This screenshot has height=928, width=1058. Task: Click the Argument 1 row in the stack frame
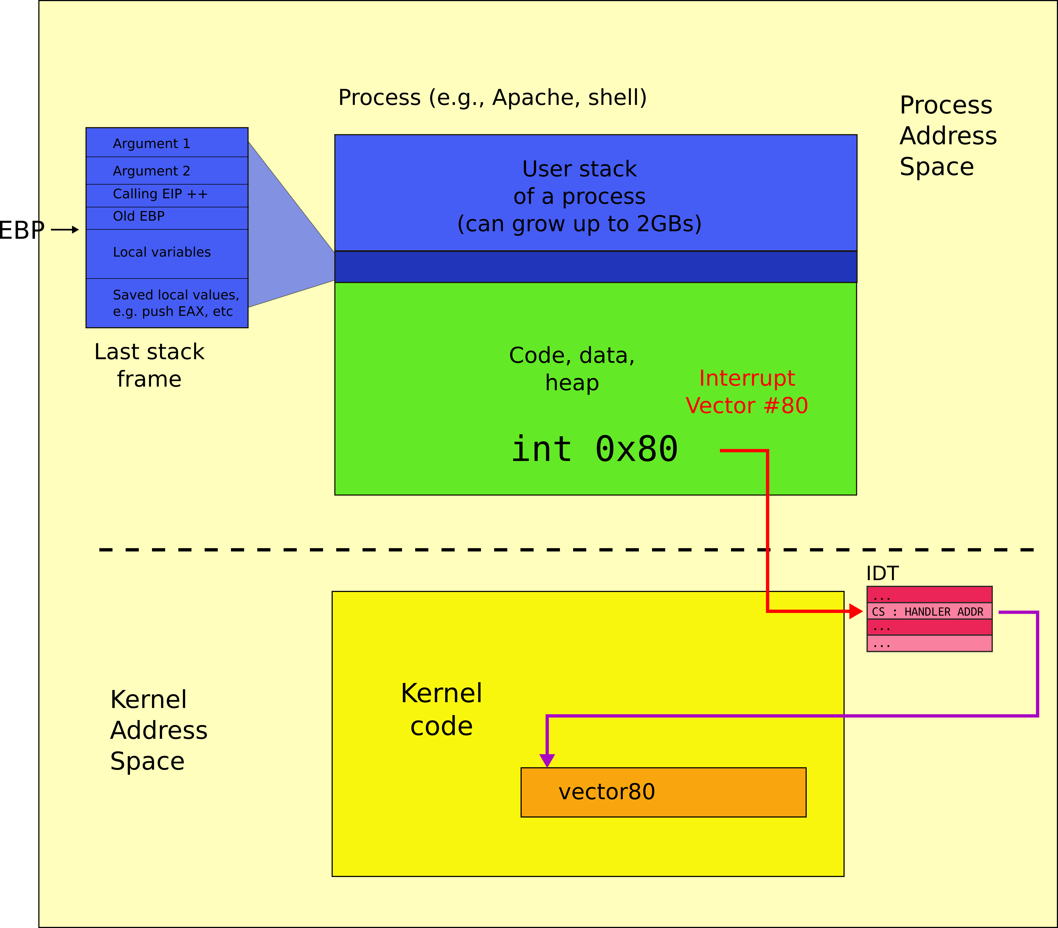(x=167, y=143)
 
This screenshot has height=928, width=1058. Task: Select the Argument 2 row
(x=167, y=171)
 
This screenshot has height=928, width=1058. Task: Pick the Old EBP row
(x=167, y=217)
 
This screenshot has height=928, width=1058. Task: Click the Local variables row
(x=167, y=253)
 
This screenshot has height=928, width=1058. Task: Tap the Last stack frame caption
(x=149, y=365)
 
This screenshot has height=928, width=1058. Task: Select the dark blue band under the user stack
(x=595, y=267)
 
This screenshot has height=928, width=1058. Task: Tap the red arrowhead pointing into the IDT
(x=856, y=611)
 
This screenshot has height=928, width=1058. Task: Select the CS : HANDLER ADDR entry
(x=929, y=611)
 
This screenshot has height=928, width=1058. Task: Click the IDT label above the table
(x=882, y=573)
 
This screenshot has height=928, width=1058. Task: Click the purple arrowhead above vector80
(x=547, y=760)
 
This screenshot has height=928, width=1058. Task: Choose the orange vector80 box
(x=663, y=792)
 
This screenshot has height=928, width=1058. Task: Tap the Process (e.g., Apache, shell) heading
(x=492, y=97)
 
